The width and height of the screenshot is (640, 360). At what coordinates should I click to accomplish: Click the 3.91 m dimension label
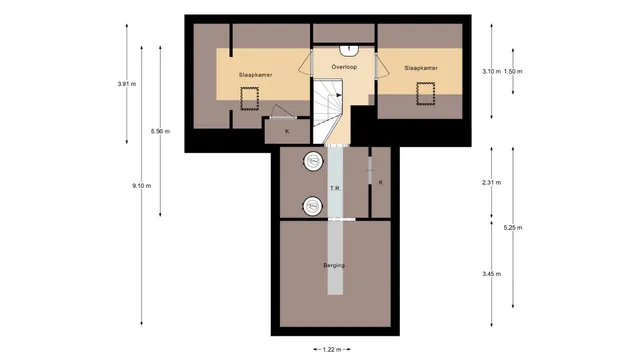pyautogui.click(x=127, y=84)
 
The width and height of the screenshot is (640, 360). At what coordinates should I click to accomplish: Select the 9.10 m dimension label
pyautogui.click(x=142, y=186)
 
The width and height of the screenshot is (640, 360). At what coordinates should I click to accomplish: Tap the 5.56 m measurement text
pyautogui.click(x=160, y=131)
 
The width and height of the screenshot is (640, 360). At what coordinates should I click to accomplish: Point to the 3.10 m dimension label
pyautogui.click(x=491, y=71)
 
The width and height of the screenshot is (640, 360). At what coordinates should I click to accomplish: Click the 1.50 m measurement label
pyautogui.click(x=513, y=71)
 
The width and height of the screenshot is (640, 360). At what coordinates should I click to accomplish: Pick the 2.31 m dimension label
pyautogui.click(x=491, y=182)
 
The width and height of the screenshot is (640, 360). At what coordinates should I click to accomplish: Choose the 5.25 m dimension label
pyautogui.click(x=513, y=228)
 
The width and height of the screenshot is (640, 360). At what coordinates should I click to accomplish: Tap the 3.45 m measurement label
pyautogui.click(x=491, y=274)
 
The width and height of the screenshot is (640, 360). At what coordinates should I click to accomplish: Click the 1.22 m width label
pyautogui.click(x=331, y=349)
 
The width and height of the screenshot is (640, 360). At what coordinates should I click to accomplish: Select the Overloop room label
pyautogui.click(x=344, y=67)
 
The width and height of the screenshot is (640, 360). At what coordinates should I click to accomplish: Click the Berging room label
pyautogui.click(x=334, y=265)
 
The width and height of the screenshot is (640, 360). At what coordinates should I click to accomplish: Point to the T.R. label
pyautogui.click(x=336, y=188)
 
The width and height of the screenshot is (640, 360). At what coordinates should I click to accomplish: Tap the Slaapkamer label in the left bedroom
pyautogui.click(x=256, y=75)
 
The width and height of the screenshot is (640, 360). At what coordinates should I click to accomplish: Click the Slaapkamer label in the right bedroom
pyautogui.click(x=421, y=68)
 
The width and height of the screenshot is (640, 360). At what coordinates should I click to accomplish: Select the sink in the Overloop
pyautogui.click(x=349, y=51)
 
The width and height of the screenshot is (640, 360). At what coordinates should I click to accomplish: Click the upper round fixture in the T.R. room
pyautogui.click(x=313, y=162)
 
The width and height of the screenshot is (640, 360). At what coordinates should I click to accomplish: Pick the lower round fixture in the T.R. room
pyautogui.click(x=313, y=207)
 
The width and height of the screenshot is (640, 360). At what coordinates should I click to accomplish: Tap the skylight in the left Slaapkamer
pyautogui.click(x=249, y=98)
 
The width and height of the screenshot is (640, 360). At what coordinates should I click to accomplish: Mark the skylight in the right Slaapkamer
pyautogui.click(x=426, y=93)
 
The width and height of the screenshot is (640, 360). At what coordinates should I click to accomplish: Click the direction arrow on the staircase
pyautogui.click(x=339, y=95)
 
